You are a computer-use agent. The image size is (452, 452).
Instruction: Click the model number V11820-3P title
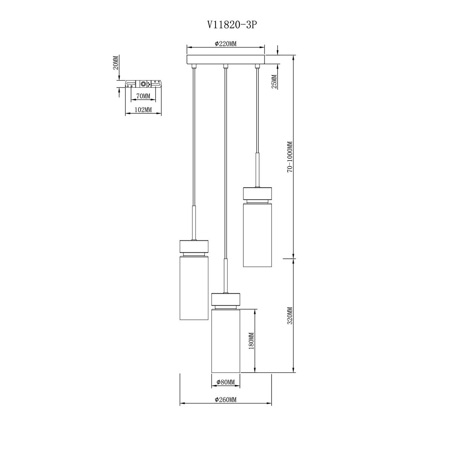[231, 25]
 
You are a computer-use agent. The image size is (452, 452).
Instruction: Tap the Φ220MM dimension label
[226, 44]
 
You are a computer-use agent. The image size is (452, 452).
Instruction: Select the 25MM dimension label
[274, 81]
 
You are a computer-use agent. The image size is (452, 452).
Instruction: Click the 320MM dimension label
[290, 316]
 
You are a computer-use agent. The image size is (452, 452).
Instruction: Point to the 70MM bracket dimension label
[143, 96]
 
